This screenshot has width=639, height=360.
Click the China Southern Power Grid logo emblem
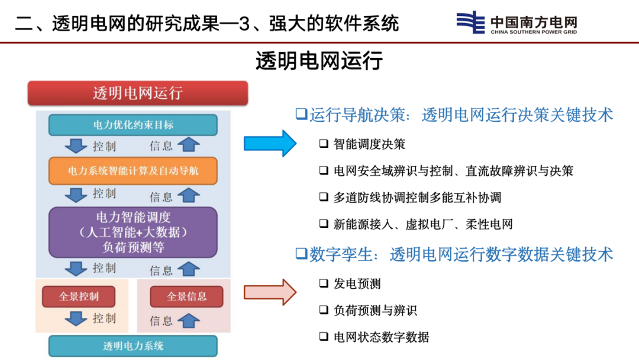(470, 22)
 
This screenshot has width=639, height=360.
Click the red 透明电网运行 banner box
(138, 93)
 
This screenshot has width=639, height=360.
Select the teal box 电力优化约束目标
(133, 125)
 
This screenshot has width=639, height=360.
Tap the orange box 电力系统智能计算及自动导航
(133, 171)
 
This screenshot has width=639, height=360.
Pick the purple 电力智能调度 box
(133, 232)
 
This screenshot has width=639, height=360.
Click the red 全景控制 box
(79, 297)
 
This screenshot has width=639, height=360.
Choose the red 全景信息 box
(186, 297)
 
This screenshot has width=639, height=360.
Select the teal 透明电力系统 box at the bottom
(133, 346)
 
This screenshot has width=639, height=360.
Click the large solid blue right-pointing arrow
(270, 143)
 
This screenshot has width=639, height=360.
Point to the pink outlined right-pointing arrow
(270, 292)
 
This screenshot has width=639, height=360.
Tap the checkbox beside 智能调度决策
(324, 143)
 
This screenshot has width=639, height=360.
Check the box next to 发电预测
(324, 284)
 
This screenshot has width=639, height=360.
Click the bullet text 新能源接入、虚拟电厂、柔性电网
(423, 224)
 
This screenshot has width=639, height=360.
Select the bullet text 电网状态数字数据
(382, 337)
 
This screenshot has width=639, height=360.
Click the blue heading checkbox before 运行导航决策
(302, 114)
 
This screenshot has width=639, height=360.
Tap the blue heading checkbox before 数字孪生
(302, 253)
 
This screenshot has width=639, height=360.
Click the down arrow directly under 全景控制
(76, 319)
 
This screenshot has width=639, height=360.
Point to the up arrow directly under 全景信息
(189, 320)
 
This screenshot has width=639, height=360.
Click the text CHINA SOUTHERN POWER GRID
(534, 32)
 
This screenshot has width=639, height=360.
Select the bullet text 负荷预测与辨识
(375, 311)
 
